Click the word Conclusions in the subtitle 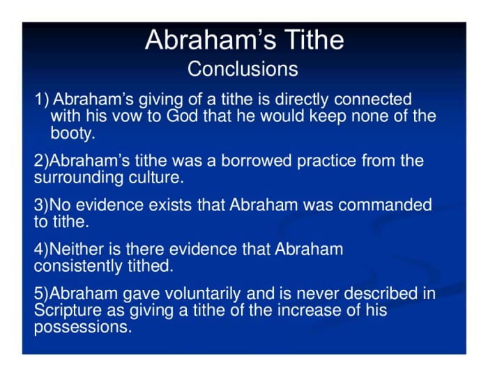(243, 70)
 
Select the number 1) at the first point (42, 100)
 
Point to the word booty (72, 132)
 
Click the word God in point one (182, 116)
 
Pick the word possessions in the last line (82, 326)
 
